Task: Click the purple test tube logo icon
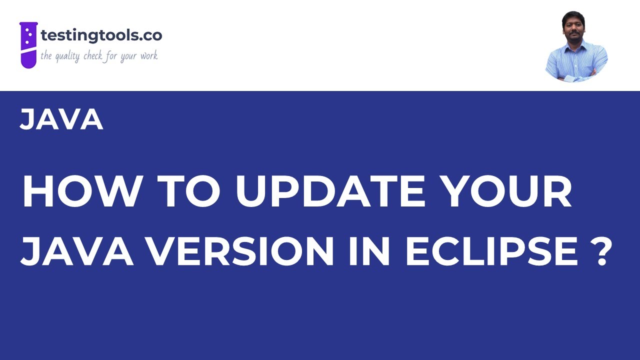28,44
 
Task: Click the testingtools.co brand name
101,35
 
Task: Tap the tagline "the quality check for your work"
99,55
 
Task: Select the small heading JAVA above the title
61,120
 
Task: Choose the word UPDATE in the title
329,193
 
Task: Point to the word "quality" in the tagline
66,56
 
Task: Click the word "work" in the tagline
148,55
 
